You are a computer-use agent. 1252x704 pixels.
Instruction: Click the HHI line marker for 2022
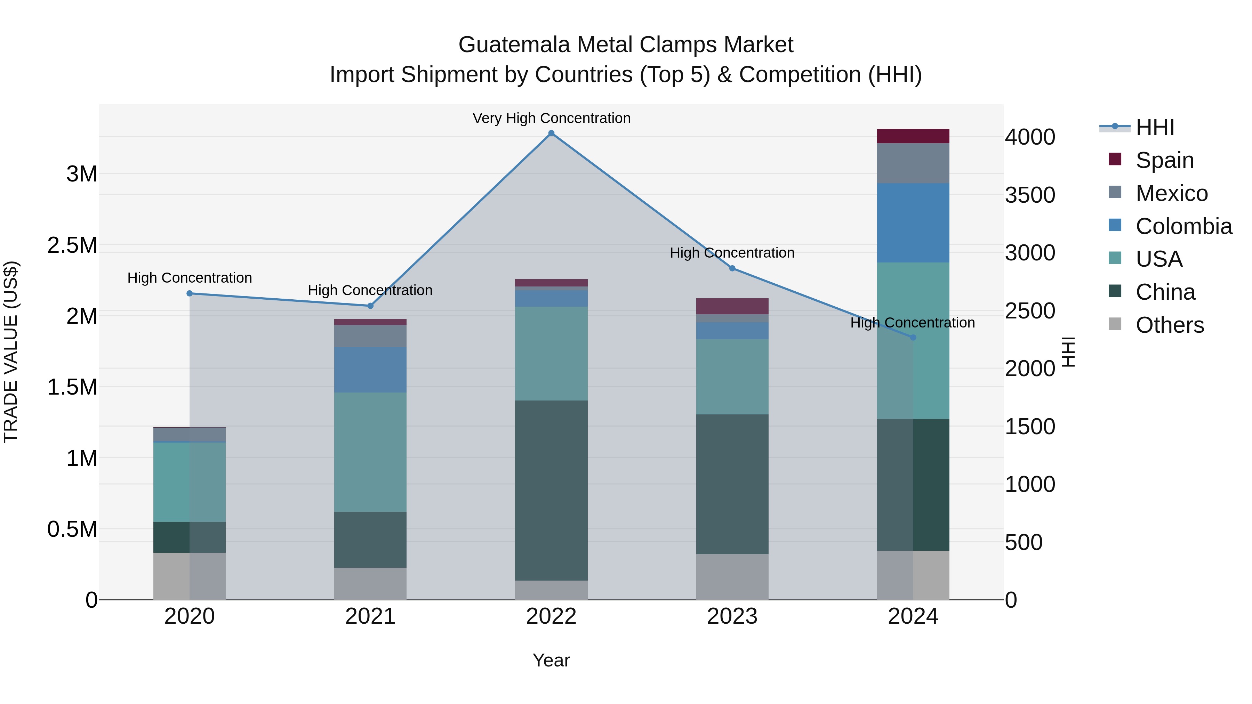pos(551,133)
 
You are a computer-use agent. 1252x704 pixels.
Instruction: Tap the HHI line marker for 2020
pos(190,293)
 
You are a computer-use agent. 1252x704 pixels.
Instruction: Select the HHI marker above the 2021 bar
pos(370,306)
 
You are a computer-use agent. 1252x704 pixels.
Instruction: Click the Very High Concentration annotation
pos(551,118)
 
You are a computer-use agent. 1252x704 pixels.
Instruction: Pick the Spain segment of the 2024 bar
pos(913,136)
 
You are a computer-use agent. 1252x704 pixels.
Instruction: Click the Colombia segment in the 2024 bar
pos(913,222)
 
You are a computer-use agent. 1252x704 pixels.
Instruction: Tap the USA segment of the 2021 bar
pos(370,452)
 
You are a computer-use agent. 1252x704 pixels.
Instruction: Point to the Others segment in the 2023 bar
pos(732,577)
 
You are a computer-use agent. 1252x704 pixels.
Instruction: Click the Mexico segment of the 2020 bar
pos(190,434)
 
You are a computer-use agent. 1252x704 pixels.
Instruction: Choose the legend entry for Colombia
pos(1183,226)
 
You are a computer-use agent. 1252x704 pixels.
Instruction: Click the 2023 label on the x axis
pos(732,616)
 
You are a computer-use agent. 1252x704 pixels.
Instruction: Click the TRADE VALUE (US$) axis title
pos(11,352)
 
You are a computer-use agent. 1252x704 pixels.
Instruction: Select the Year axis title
pos(551,660)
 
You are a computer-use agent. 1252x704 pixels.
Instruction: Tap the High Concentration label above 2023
pos(732,253)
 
